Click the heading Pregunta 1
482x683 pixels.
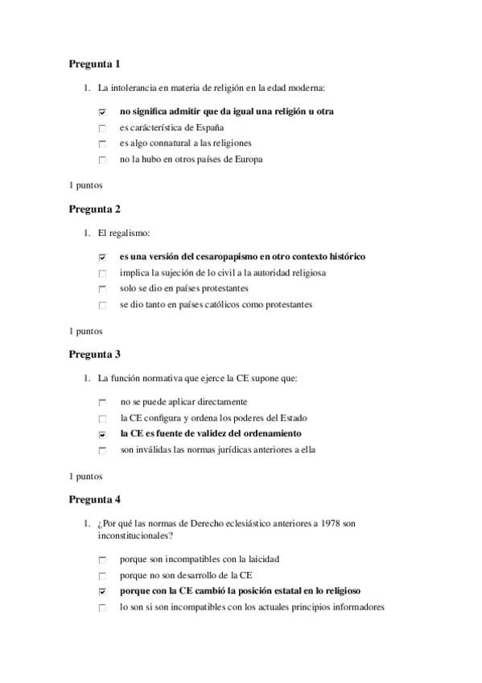pos(94,64)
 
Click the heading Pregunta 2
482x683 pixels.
pos(94,209)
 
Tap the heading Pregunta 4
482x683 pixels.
pos(94,499)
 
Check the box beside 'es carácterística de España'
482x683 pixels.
pos(102,128)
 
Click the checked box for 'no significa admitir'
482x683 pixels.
pos(102,112)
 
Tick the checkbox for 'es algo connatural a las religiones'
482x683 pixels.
pos(102,144)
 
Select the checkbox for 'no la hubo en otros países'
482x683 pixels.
pos(102,159)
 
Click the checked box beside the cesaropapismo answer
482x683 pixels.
pos(102,257)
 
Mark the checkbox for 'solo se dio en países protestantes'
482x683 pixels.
pos(102,289)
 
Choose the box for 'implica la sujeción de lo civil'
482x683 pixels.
pos(102,273)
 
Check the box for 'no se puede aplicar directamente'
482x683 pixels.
pos(102,402)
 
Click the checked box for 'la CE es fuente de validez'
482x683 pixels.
pos(102,434)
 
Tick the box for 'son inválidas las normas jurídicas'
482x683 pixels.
pos(102,450)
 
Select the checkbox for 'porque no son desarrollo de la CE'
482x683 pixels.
pos(102,576)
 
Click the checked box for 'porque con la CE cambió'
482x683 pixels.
pos(102,591)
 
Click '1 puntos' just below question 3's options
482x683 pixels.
pos(85,475)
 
